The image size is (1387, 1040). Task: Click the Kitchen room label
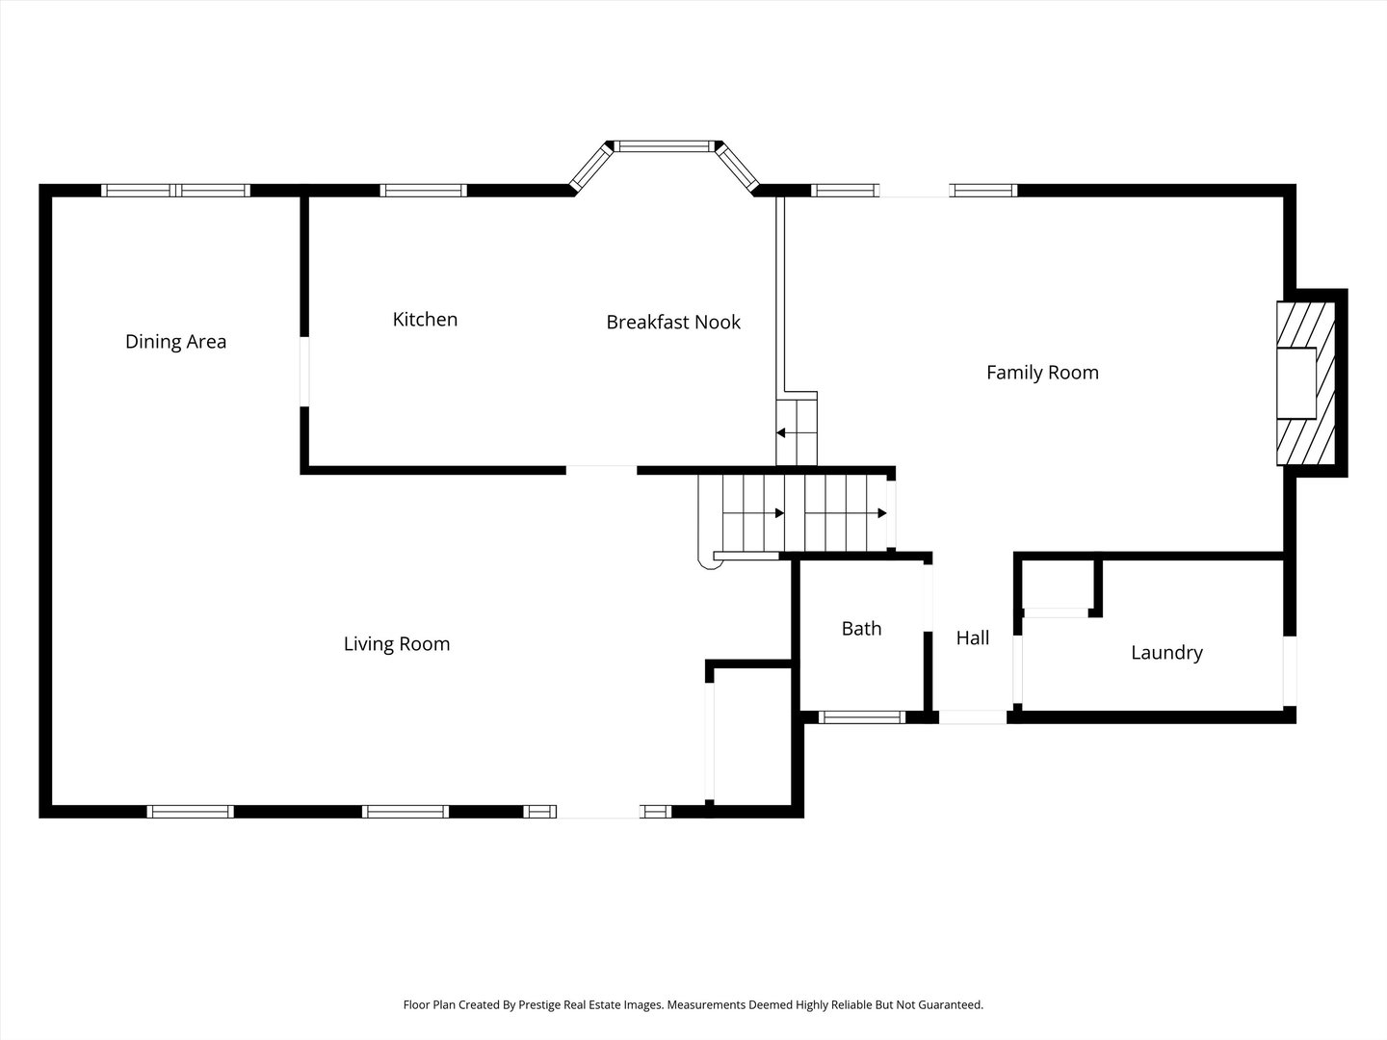tap(425, 319)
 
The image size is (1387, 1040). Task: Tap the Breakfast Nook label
tap(673, 322)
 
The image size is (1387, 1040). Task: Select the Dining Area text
tap(175, 342)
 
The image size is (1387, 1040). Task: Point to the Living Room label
tap(397, 644)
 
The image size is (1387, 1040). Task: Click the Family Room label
tap(1042, 373)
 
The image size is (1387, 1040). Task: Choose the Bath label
tap(861, 628)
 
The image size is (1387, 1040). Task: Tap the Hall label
tap(973, 637)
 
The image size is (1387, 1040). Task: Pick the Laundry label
tap(1166, 652)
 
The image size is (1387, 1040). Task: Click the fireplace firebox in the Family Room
tap(1296, 383)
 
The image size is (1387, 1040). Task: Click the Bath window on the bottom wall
tap(862, 716)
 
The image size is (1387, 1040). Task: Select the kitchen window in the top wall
tap(424, 190)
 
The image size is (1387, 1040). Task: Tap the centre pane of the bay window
tap(664, 146)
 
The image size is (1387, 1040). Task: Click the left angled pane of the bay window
tap(590, 167)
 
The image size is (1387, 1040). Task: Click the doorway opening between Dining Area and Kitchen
tap(304, 372)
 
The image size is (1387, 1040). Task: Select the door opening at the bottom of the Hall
tap(973, 716)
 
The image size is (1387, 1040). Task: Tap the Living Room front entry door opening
tap(598, 812)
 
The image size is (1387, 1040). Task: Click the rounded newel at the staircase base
tap(710, 560)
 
